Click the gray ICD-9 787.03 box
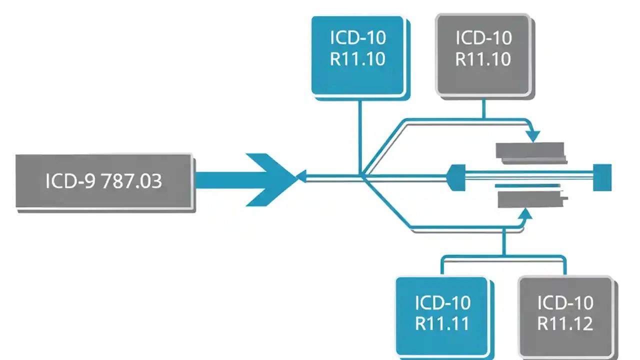click(104, 181)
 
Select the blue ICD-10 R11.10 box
click(357, 55)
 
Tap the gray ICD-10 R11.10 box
click(483, 55)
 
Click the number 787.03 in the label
click(132, 181)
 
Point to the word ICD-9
click(71, 181)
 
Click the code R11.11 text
click(442, 323)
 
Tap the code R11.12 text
click(565, 323)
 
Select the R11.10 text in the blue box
click(357, 59)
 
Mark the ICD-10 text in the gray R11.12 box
click(565, 303)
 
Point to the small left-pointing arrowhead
click(301, 175)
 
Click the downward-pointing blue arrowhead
click(533, 136)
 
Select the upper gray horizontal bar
click(530, 152)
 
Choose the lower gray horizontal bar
click(530, 197)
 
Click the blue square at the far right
click(602, 177)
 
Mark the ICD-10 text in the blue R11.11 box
click(442, 303)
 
